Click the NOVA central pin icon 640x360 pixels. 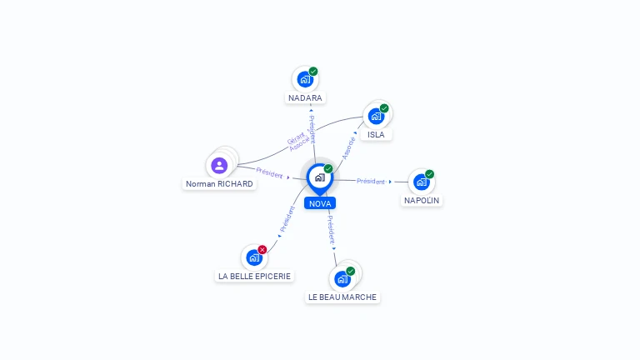point(320,179)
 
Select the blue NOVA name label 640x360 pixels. point(320,203)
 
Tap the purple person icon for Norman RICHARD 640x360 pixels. point(219,165)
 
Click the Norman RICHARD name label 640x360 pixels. point(219,184)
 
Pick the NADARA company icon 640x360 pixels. point(305,80)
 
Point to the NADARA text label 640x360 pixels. point(305,98)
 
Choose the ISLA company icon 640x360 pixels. point(376,117)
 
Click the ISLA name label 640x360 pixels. point(376,135)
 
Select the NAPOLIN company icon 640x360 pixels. point(421,182)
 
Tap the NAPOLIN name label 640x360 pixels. point(422,200)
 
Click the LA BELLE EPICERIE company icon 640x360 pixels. point(254,257)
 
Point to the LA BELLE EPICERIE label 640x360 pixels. point(254,277)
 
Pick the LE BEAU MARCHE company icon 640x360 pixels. point(342,279)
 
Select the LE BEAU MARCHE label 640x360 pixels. point(342,297)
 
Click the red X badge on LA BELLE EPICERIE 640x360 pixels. point(262,249)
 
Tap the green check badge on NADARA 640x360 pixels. point(313,72)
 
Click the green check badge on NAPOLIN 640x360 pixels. point(429,174)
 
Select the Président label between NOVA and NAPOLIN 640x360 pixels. point(371,181)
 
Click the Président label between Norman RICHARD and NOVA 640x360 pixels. point(269,173)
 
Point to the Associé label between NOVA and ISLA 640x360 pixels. point(348,148)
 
